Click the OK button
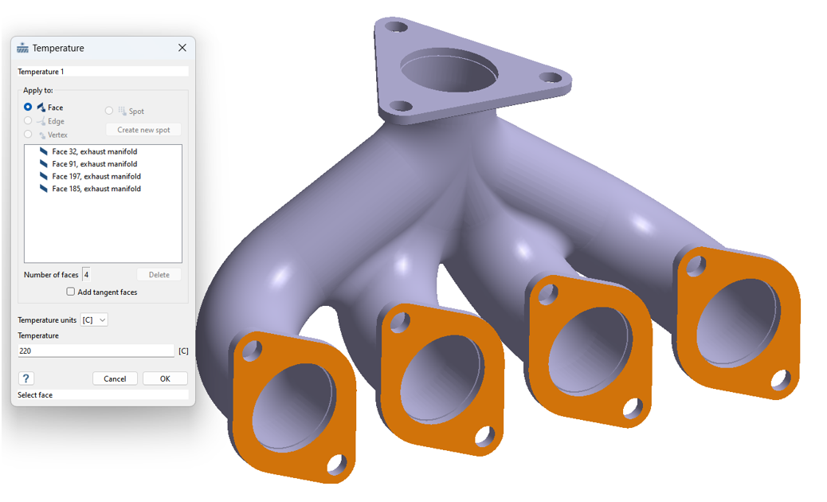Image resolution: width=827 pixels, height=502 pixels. pyautogui.click(x=165, y=378)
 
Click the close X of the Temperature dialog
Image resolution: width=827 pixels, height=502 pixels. pyautogui.click(x=182, y=48)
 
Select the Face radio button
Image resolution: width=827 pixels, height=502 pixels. pyautogui.click(x=28, y=107)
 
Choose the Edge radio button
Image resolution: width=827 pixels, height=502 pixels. pyautogui.click(x=28, y=121)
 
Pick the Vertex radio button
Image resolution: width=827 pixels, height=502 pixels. pyautogui.click(x=28, y=135)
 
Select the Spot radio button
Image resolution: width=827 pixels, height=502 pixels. pyautogui.click(x=108, y=111)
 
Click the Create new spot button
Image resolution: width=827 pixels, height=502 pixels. pyautogui.click(x=143, y=130)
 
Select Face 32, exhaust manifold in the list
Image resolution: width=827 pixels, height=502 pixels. pyautogui.click(x=94, y=151)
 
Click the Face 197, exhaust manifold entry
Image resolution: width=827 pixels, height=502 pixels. pyautogui.click(x=96, y=176)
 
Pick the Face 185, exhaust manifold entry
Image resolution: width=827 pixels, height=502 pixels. pyautogui.click(x=96, y=189)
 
